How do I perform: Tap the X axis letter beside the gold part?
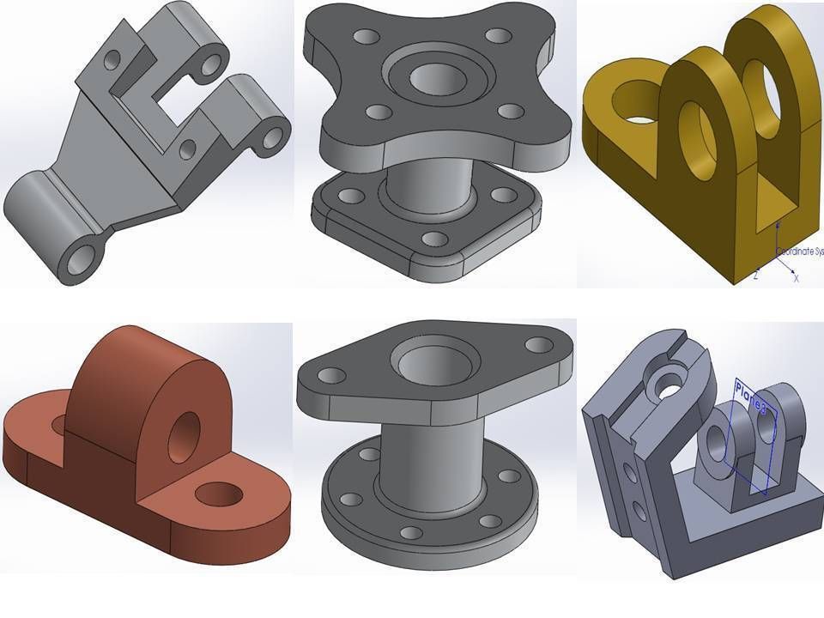[796, 278]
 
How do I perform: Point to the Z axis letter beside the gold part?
[755, 275]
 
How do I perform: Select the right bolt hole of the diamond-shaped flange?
[538, 344]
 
